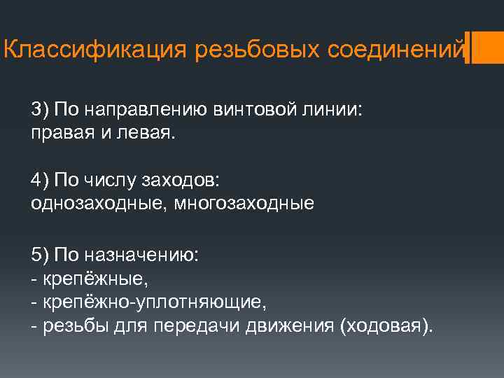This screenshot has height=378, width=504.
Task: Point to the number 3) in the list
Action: (x=39, y=109)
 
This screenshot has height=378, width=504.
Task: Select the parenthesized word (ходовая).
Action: (x=386, y=325)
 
